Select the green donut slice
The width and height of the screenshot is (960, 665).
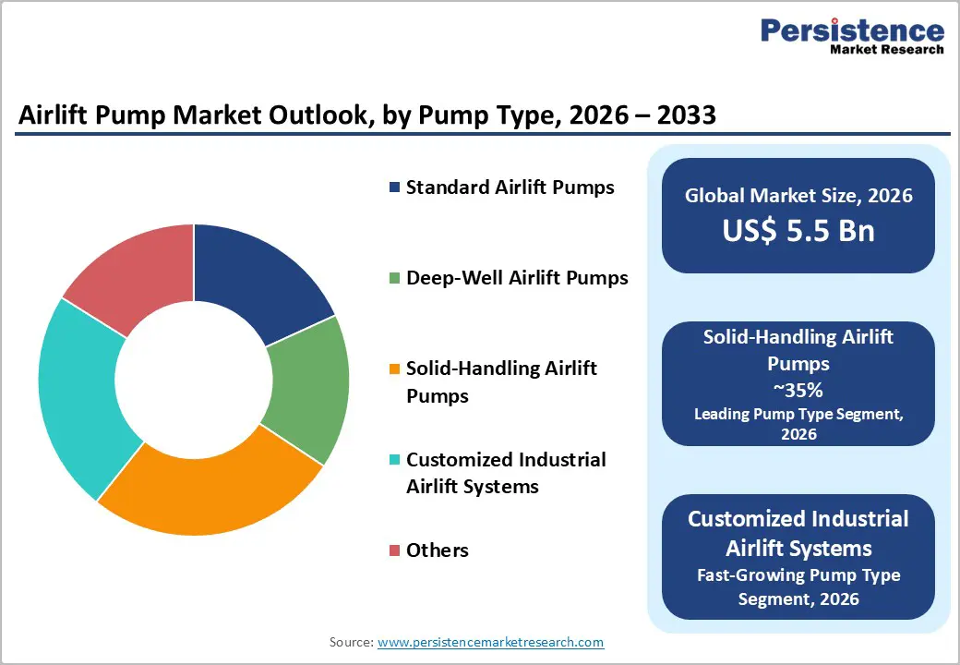click(x=309, y=388)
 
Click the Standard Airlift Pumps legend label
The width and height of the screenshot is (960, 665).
click(x=510, y=187)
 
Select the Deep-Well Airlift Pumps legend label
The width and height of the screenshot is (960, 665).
click(x=517, y=278)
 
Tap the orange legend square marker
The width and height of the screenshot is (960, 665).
click(x=395, y=369)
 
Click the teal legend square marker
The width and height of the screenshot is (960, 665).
click(x=395, y=460)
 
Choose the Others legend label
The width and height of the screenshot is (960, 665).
click(x=438, y=550)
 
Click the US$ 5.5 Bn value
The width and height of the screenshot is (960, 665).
click(x=798, y=230)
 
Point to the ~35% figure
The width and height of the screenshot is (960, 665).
click(x=798, y=389)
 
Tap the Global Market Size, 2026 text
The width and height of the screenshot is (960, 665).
click(x=798, y=196)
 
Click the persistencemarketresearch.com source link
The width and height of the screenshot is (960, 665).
click(x=490, y=642)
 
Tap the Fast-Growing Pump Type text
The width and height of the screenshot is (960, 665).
click(x=798, y=575)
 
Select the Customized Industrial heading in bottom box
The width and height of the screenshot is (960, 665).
click(x=798, y=519)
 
